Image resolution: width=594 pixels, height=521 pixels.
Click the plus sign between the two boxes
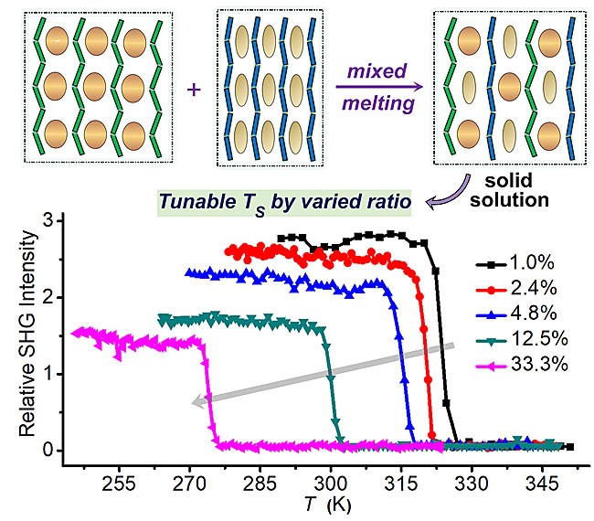point(192,90)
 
